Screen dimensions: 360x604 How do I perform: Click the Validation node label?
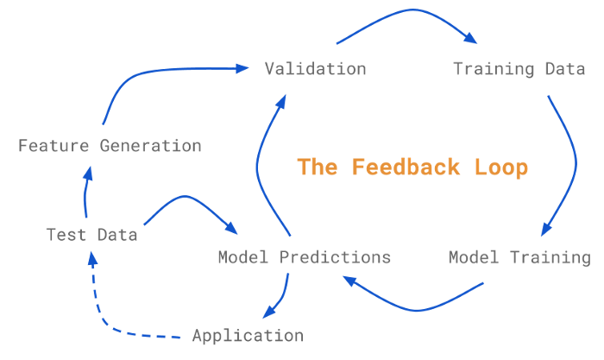315,69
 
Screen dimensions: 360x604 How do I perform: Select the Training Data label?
519,69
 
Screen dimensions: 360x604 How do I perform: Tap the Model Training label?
519,257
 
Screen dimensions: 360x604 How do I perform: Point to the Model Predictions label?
304,257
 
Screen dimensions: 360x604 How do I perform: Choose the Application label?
248,336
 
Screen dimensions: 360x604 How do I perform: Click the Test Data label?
91,235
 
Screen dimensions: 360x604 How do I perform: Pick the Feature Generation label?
110,146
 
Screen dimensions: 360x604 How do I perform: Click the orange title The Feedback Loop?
412,167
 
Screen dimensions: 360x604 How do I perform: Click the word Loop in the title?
500,167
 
